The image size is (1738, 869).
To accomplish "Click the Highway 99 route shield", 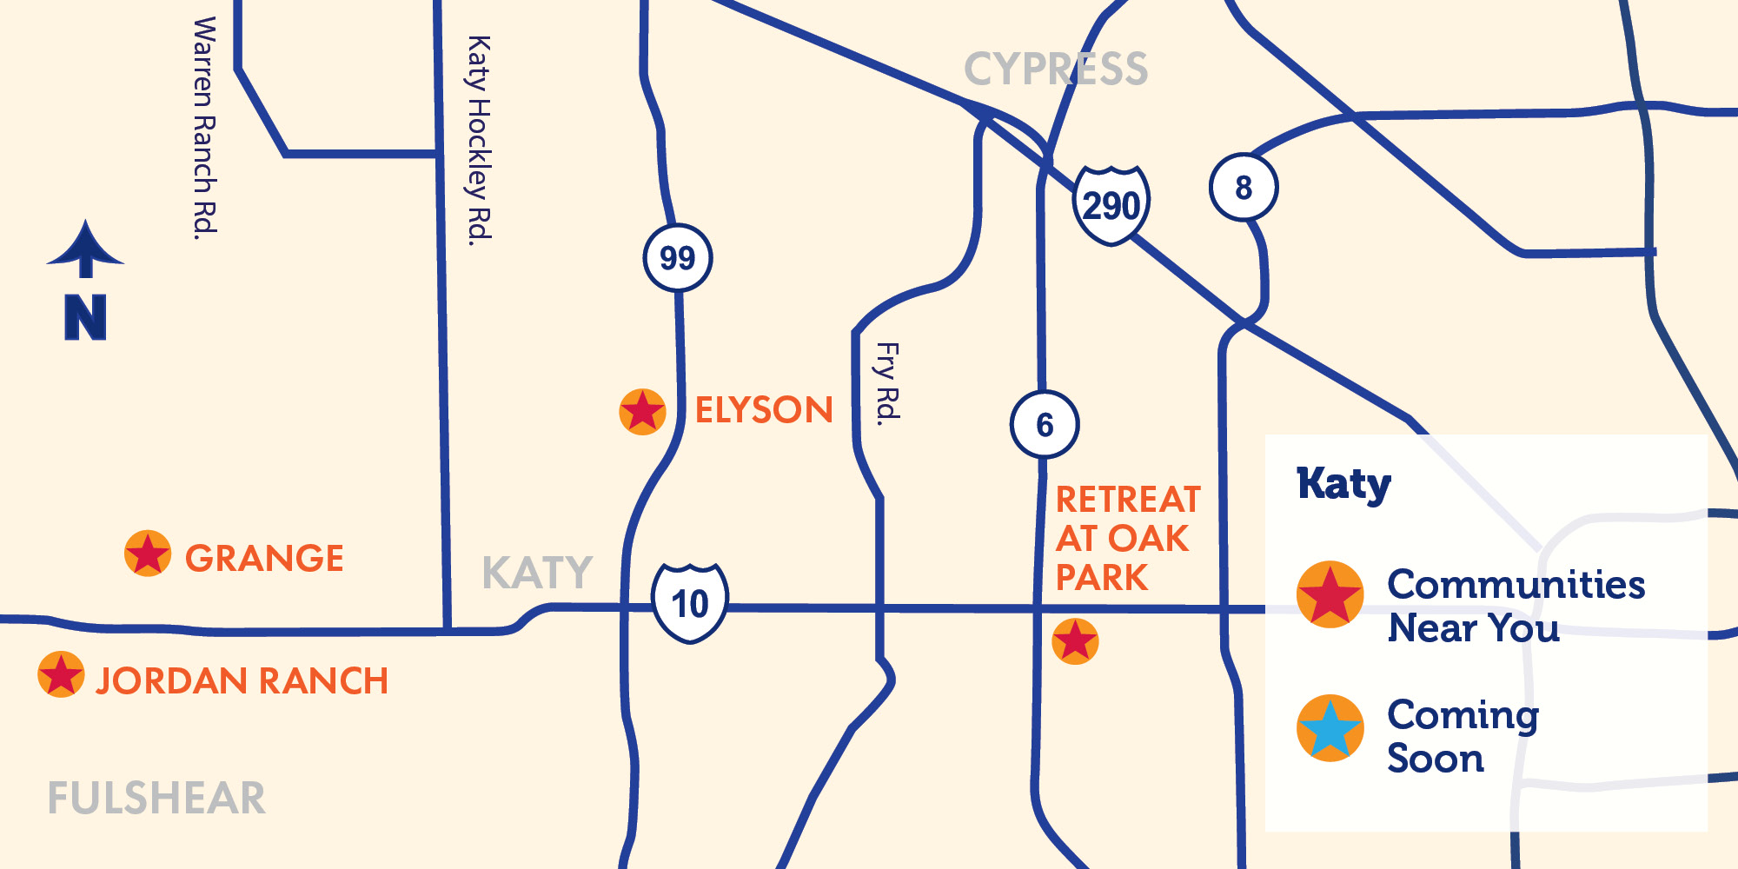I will tap(678, 258).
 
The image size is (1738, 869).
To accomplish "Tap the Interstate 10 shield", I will tap(690, 603).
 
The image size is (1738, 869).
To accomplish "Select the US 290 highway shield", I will tap(1111, 205).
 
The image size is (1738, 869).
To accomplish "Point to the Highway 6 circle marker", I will tap(1045, 425).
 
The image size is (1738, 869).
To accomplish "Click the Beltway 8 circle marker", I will tap(1244, 187).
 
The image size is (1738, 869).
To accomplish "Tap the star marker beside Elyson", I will tap(642, 411).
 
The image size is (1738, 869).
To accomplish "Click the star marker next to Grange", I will tap(148, 554).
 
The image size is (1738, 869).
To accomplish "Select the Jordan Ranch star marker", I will tap(61, 674).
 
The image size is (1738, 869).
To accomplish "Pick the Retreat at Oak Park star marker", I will tap(1075, 641).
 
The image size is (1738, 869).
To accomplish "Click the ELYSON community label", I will tap(764, 410).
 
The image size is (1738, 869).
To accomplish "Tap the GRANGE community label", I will tap(264, 558).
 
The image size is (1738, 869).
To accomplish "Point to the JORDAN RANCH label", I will tap(242, 680).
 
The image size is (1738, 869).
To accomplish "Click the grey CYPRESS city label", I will tap(1056, 69).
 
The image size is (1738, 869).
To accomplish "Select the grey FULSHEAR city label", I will tap(156, 798).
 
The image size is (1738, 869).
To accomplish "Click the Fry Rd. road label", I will tap(887, 382).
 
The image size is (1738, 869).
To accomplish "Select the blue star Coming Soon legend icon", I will tap(1330, 728).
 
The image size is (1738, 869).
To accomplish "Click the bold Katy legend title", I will tap(1343, 484).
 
